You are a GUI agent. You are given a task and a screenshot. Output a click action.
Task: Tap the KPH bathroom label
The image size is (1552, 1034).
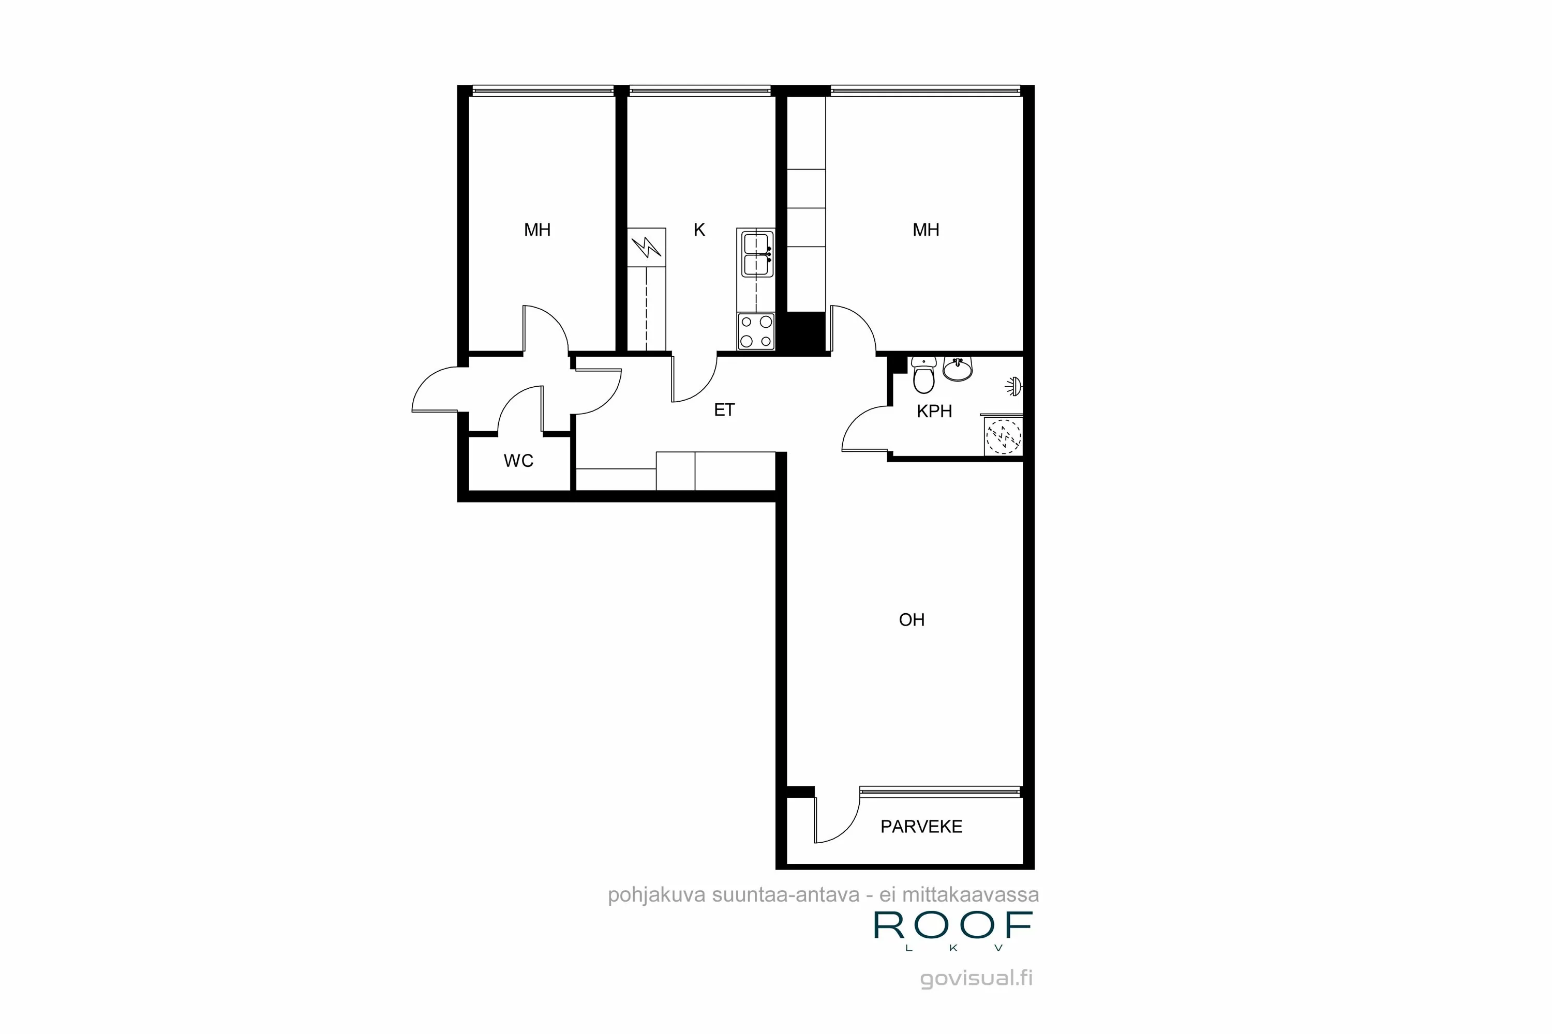point(934,412)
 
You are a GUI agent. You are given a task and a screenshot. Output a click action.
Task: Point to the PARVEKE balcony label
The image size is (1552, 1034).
point(921,827)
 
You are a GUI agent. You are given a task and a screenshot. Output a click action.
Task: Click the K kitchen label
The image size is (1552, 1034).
point(699,230)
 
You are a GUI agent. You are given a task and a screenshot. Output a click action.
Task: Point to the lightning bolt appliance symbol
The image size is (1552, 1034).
point(646,247)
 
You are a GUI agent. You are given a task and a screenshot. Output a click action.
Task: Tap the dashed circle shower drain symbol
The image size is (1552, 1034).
point(1003,436)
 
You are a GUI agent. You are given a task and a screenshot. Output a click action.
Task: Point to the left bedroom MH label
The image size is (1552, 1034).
point(537,230)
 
